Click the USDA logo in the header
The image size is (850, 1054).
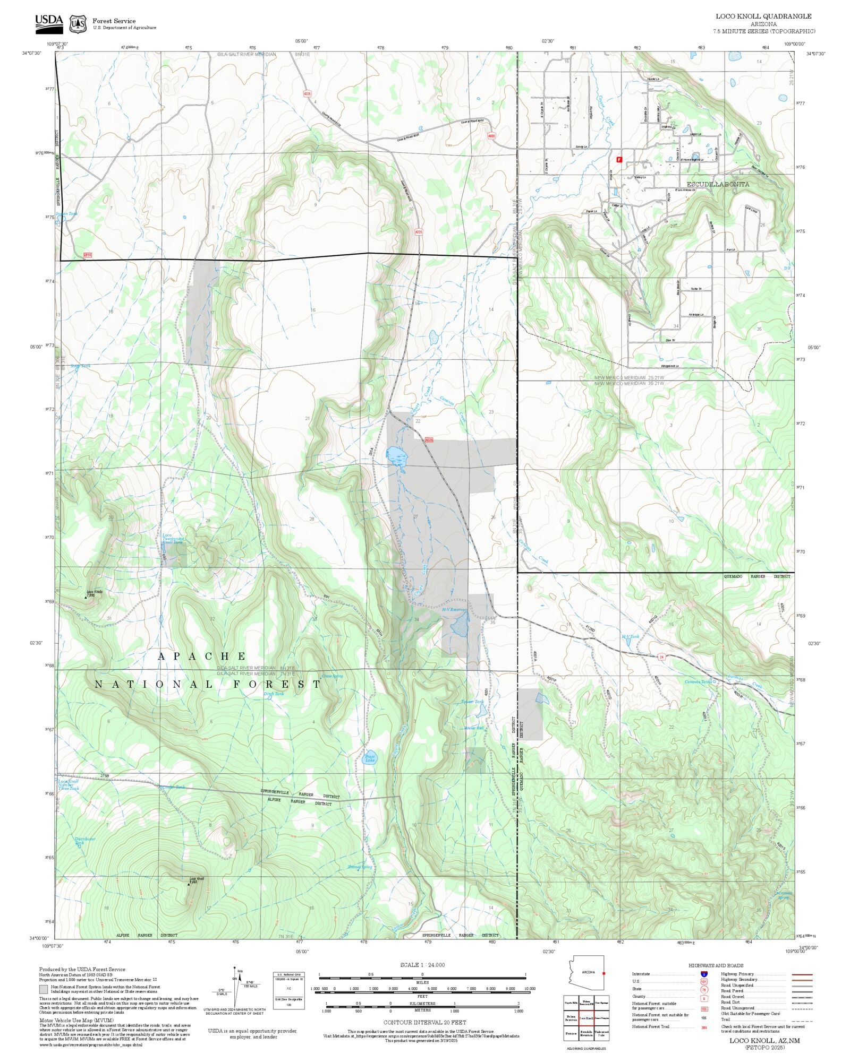[49, 22]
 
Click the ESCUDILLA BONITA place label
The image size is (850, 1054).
[718, 184]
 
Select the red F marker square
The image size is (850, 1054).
[619, 159]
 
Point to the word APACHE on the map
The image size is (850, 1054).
[202, 656]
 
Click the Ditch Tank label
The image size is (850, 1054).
[274, 694]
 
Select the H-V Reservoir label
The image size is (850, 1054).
[455, 610]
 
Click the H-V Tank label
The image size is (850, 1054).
[631, 636]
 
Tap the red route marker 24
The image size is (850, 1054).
[662, 656]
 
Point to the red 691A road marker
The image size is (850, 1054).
[88, 255]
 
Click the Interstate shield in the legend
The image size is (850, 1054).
[704, 974]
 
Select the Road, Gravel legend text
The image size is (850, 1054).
[737, 996]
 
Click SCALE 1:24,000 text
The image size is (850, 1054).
[422, 965]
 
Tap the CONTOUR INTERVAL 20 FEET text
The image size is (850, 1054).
[424, 1022]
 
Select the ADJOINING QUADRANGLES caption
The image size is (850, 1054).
[586, 1049]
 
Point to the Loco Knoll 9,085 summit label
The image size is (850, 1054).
[196, 880]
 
